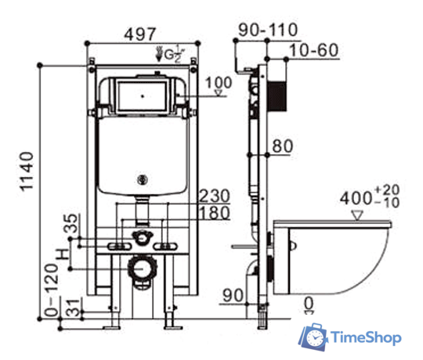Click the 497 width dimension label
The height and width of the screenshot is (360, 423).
(x=140, y=34)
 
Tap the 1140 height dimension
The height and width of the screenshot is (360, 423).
(x=27, y=171)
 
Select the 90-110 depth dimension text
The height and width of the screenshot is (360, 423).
(x=268, y=30)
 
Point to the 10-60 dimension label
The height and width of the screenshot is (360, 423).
(x=313, y=50)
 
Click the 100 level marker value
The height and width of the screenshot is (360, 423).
(x=219, y=82)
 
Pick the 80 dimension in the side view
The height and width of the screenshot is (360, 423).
(x=282, y=146)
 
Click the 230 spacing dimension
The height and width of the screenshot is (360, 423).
(x=215, y=196)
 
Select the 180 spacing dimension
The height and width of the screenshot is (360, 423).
(x=215, y=213)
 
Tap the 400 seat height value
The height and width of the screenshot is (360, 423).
(x=356, y=199)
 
